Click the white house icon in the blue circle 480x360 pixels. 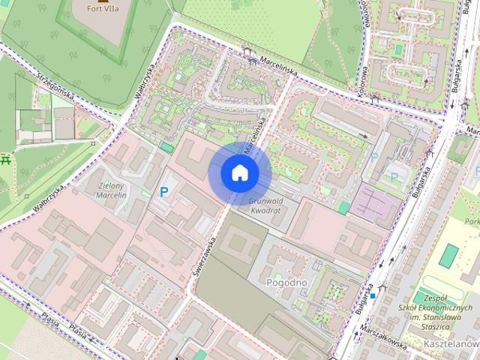(x=240, y=172)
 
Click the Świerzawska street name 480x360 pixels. (x=205, y=256)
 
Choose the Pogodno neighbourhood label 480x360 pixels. (x=287, y=282)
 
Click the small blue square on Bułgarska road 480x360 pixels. (x=373, y=296)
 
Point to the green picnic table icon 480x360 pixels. (x=6, y=160)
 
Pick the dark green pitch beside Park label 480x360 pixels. (x=449, y=255)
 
